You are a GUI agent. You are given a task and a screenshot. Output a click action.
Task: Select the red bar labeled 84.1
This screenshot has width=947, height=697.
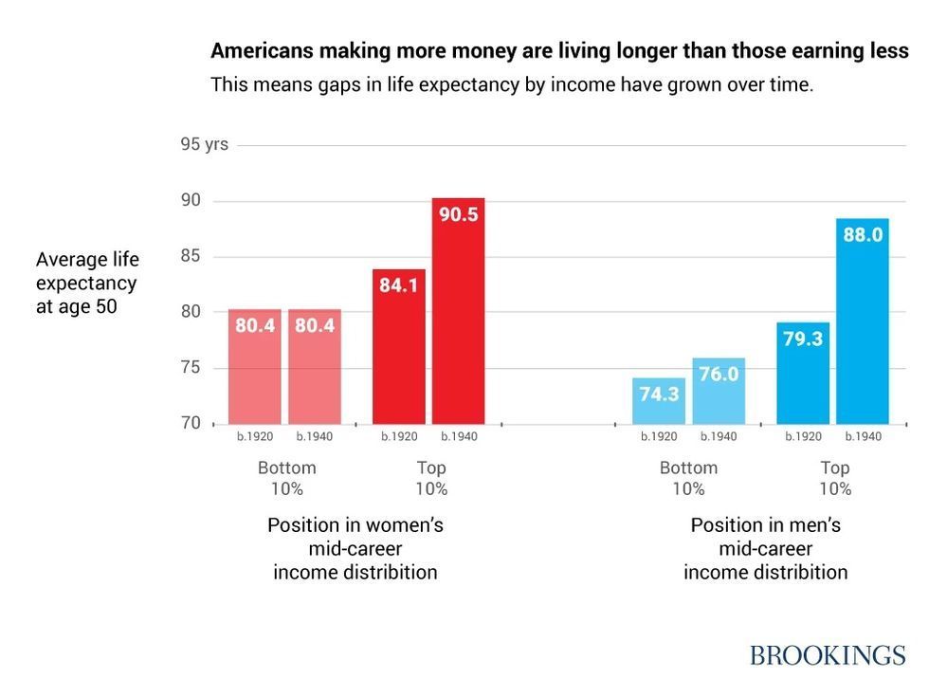398,346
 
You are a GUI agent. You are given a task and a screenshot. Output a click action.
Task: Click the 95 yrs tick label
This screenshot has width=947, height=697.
205,145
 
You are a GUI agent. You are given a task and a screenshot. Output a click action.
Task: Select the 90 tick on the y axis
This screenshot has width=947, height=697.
191,200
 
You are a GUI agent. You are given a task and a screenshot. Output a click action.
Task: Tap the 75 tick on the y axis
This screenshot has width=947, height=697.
191,368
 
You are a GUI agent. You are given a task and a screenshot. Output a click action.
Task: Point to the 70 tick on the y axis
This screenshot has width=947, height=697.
191,423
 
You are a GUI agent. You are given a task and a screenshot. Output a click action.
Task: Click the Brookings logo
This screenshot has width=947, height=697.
828,655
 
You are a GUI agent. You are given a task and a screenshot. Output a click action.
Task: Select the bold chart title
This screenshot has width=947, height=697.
559,51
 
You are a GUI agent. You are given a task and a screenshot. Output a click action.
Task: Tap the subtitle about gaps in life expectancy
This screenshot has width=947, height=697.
512,84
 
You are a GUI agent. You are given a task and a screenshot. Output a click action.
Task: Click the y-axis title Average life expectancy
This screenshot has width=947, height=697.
86,283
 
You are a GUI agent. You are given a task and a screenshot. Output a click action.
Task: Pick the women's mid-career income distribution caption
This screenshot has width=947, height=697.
355,548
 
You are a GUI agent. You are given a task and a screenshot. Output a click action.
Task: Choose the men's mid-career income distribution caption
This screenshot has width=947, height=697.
766,548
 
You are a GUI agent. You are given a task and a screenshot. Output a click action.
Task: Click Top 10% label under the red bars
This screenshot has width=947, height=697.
431,478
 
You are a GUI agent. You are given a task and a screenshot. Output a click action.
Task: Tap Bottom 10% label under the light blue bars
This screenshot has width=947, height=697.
688,478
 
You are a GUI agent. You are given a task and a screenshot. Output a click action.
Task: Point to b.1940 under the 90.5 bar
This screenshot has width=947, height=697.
459,436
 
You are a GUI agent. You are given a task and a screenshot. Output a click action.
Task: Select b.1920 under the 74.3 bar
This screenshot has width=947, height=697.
659,436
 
